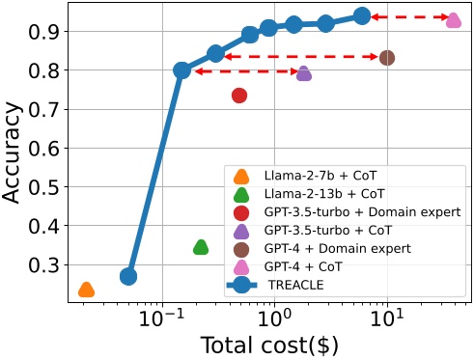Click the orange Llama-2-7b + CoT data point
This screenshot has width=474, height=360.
click(86, 290)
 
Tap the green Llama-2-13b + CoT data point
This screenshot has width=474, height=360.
click(201, 247)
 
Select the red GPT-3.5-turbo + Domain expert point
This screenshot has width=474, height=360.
click(239, 95)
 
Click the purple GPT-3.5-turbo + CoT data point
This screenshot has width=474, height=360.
click(304, 73)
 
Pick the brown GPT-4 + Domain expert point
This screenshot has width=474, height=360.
click(387, 58)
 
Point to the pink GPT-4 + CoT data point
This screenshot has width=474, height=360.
click(453, 19)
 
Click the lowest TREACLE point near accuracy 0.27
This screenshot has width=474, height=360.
click(128, 277)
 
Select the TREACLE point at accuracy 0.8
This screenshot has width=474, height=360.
click(181, 70)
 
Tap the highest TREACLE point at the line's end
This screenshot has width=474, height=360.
click(362, 15)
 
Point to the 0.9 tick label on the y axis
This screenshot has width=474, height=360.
click(44, 32)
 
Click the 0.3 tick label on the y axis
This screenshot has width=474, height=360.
click(44, 264)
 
